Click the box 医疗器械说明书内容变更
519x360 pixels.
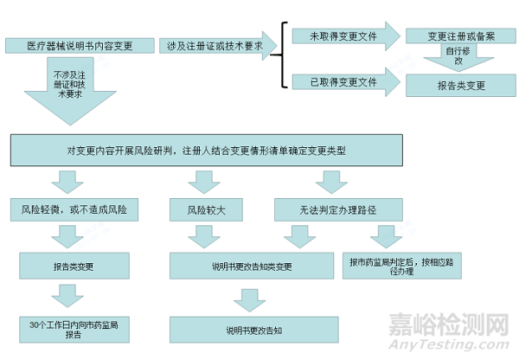[79, 45]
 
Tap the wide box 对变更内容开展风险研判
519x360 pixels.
[206, 151]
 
